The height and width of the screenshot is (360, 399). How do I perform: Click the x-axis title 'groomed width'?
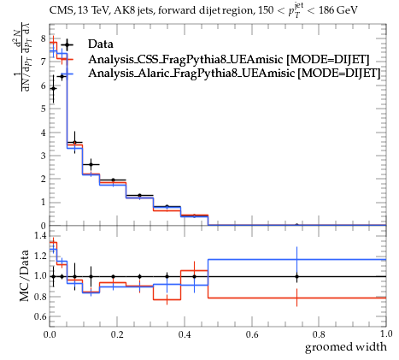pos(346,347)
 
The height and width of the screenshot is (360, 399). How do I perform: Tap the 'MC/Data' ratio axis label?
pos(25,276)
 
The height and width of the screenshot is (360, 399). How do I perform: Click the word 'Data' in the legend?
pos(101,44)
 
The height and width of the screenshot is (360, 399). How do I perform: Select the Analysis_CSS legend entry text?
pos(229,59)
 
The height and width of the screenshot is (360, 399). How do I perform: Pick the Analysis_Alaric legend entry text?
pos(234,74)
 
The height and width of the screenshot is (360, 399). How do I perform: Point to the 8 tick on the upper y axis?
pos(44,38)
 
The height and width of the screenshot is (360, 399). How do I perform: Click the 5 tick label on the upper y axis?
pos(44,109)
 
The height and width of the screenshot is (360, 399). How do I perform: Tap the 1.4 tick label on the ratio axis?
pos(40,235)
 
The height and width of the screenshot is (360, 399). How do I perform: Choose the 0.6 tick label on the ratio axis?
pos(40,316)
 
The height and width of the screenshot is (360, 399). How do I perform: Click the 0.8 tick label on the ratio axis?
pos(40,296)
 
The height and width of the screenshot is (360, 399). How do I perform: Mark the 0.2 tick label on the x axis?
pos(117,334)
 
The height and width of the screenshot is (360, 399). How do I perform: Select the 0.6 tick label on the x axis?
pos(252,334)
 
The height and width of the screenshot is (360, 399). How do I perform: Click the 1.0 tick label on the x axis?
pos(386,334)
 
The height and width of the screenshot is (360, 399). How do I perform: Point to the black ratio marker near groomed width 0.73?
pos(296,276)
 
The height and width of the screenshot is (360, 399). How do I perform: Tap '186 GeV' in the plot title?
pos(338,10)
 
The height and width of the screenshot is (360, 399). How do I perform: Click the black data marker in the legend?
pos(67,44)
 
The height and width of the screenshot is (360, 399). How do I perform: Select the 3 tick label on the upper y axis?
pos(44,156)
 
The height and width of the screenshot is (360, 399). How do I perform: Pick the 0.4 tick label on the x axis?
pos(185,334)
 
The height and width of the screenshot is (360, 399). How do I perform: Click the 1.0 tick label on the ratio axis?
pos(40,276)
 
